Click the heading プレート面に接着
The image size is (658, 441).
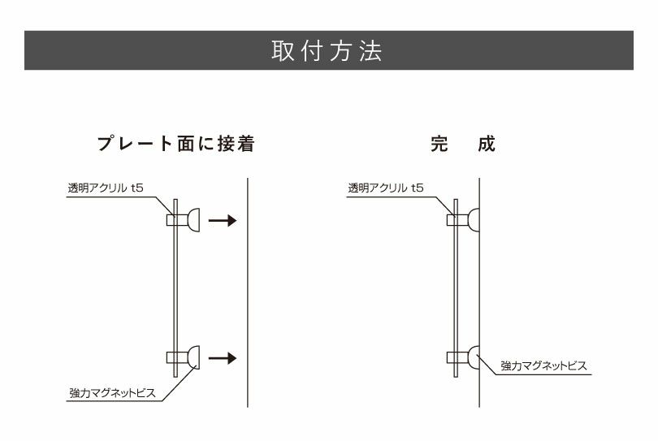[x=175, y=145]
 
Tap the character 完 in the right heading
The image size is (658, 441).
[x=439, y=145]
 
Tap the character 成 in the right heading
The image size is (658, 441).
[x=487, y=145]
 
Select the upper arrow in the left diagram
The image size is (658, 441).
[x=221, y=220]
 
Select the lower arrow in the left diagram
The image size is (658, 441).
[x=221, y=357]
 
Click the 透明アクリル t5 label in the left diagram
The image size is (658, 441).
[x=106, y=188]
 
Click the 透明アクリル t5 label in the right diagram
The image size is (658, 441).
[x=386, y=188]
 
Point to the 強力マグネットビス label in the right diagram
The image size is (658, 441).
[x=543, y=366]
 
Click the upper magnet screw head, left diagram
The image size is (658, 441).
[x=193, y=219]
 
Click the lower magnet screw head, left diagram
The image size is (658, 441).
[x=193, y=357]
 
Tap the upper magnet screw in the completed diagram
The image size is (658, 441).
[x=471, y=219]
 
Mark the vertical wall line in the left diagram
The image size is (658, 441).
[x=247, y=292]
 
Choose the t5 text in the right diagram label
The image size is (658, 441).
[x=418, y=188]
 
